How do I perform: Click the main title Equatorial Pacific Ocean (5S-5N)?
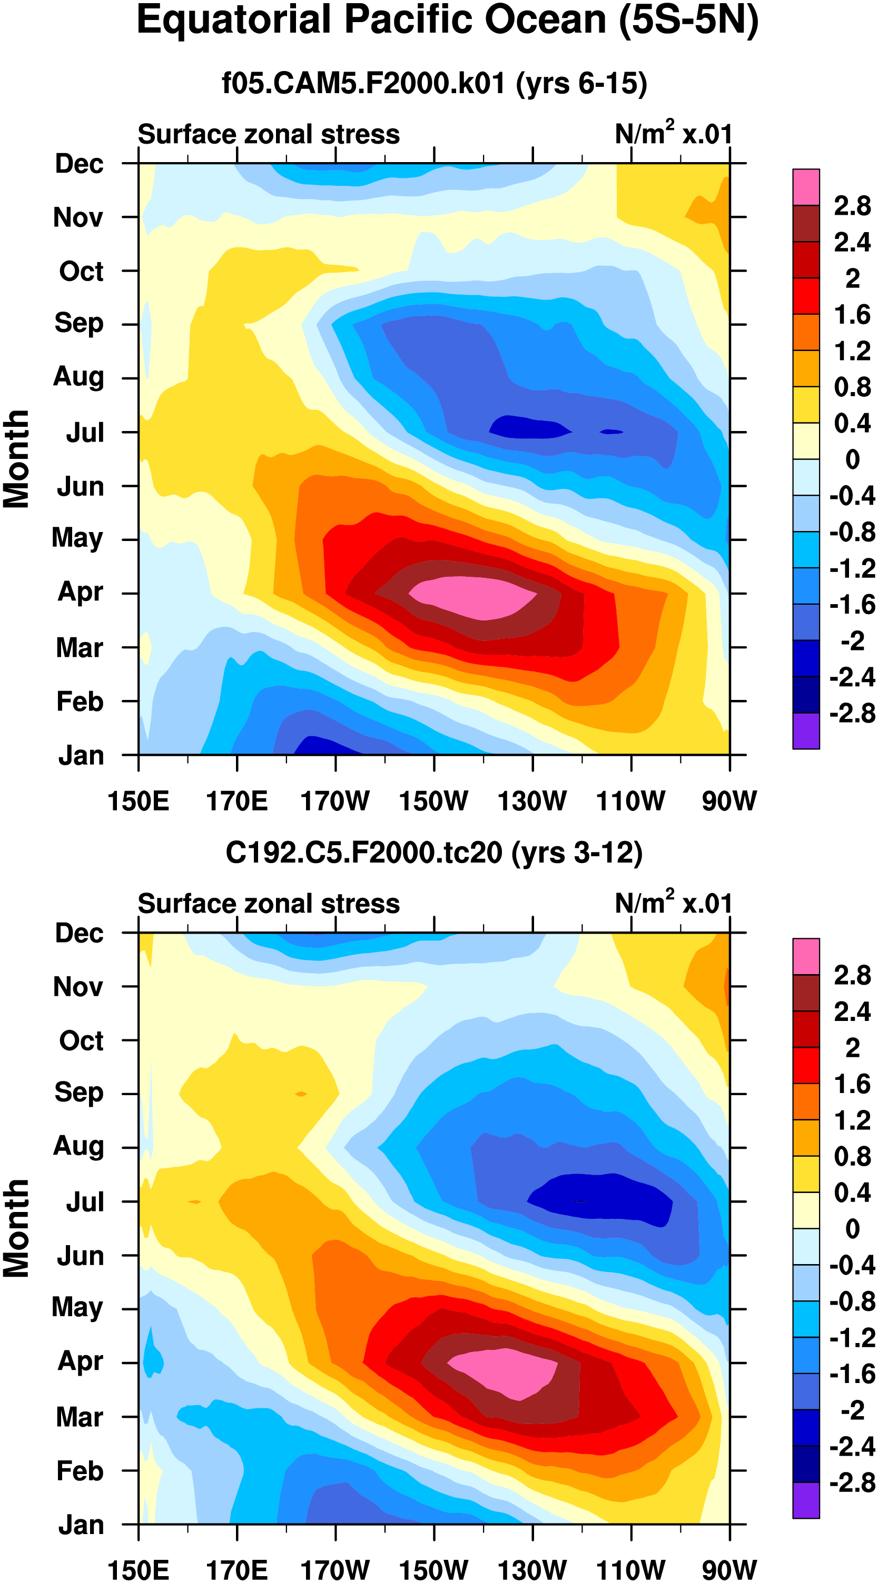[447, 21]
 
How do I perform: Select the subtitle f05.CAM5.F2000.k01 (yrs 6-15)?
[434, 83]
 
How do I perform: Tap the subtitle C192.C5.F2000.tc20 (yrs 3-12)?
[434, 853]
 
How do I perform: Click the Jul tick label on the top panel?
[85, 433]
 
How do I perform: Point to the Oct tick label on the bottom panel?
[81, 1041]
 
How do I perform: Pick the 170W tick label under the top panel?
[335, 801]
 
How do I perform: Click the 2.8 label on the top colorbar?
[852, 206]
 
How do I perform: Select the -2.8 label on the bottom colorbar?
[852, 1482]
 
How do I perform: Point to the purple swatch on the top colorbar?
[805, 730]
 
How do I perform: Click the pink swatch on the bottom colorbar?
[805, 956]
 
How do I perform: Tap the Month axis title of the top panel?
[17, 459]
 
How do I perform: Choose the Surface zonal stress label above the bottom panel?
[269, 904]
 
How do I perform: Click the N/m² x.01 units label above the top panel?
[673, 133]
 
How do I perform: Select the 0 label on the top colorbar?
[852, 459]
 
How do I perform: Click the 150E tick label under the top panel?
[139, 801]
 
